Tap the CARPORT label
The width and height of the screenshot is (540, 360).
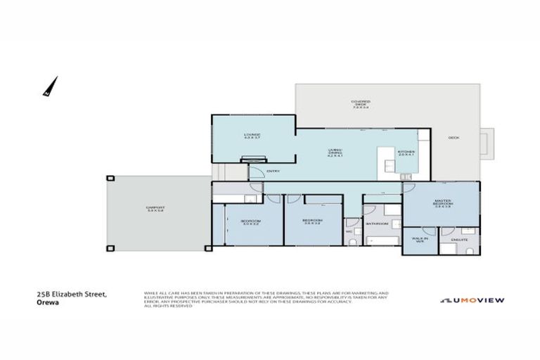[x=155, y=209]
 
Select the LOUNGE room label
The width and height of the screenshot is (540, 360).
[x=252, y=136]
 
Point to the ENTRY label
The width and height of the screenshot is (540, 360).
[x=274, y=170]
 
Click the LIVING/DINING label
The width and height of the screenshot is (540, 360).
[x=335, y=153]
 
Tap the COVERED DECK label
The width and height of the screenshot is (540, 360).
[x=361, y=103]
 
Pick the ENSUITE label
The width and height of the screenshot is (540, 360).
[x=458, y=240]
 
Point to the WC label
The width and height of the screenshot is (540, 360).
[x=348, y=231]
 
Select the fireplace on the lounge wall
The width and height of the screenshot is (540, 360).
[x=254, y=160]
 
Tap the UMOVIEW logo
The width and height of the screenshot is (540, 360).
[x=472, y=300]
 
